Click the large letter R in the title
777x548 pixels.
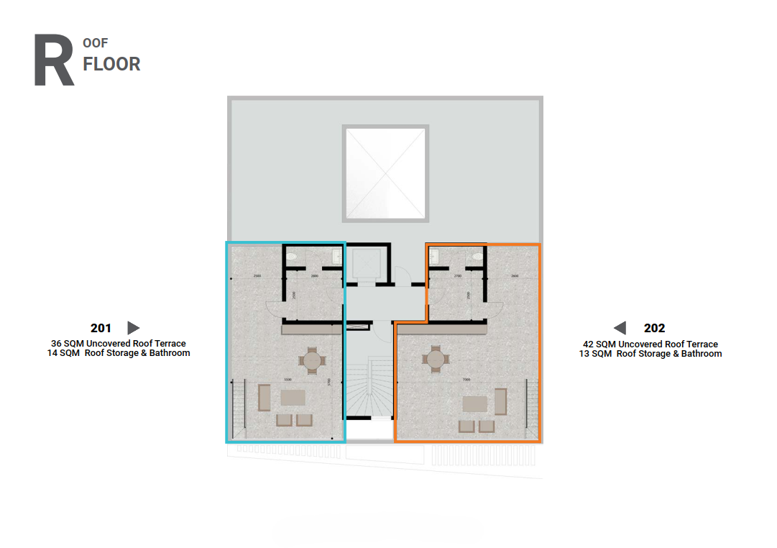pos(54,60)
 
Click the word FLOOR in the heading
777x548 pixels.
pos(111,64)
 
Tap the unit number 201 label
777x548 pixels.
pos(101,328)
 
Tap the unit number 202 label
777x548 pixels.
pos(654,328)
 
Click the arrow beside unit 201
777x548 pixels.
pos(133,328)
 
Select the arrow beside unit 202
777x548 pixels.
pos(620,328)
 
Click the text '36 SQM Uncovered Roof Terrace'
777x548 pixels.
pos(119,344)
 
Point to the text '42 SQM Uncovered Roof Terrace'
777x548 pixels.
pos(650,344)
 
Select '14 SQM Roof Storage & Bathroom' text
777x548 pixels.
pos(119,353)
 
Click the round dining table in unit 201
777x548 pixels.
pos(311,360)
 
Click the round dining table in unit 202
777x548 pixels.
pos(435,358)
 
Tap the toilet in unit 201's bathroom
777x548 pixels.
pos(291,255)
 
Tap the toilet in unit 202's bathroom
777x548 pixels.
pos(477,255)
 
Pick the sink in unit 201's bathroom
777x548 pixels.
pos(337,255)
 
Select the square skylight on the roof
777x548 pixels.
pos(386,173)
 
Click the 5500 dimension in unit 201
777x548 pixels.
pos(287,380)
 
